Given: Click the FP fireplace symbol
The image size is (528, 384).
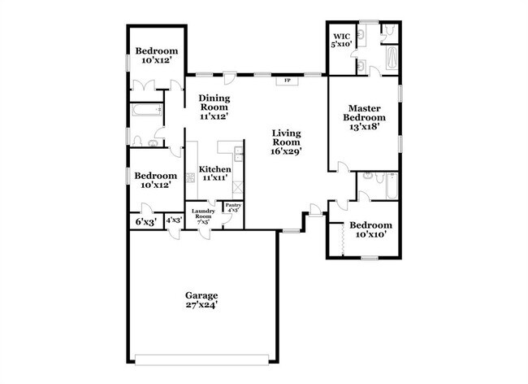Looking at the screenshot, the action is (288, 81).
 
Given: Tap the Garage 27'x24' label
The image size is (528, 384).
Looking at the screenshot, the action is (201, 300).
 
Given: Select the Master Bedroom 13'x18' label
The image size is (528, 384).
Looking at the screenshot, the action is (365, 118).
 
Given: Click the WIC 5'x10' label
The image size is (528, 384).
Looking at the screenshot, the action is (341, 40).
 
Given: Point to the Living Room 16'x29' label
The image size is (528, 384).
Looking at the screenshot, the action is (286, 142).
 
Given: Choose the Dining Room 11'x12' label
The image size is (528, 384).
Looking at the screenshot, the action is (214, 107).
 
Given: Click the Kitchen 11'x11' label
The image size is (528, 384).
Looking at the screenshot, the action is (214, 173).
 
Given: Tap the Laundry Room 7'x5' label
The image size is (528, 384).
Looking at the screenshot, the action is (203, 216).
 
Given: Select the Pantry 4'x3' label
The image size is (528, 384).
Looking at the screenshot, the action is (233, 207).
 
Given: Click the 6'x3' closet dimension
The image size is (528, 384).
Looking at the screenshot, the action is (146, 222).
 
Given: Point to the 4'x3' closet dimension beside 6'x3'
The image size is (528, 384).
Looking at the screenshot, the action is (174, 220).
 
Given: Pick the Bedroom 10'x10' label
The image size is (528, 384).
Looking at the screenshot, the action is (370, 229).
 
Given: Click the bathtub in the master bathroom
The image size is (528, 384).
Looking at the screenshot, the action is (392, 58).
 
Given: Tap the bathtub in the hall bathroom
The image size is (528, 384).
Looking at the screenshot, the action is (147, 110).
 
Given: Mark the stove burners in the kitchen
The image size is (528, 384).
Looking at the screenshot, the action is (191, 177).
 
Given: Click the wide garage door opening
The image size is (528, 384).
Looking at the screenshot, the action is (201, 360).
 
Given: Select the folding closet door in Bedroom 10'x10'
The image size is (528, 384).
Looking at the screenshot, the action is (342, 239).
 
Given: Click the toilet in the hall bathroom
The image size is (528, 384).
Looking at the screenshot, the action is (137, 142).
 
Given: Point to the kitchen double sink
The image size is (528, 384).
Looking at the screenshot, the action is (239, 154).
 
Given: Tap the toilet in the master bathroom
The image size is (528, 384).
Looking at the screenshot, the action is (390, 30).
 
